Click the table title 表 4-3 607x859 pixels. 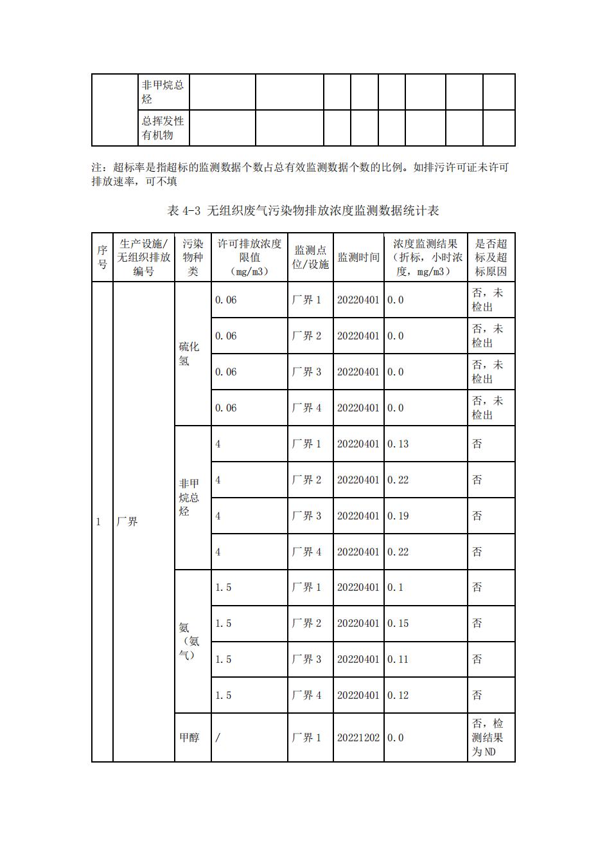tap(303, 211)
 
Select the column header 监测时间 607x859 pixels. tap(358, 258)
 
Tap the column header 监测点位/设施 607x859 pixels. tap(310, 257)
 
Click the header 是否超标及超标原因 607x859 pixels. tap(491, 257)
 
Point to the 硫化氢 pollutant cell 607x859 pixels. tap(189, 354)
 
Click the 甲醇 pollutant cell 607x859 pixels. tap(189, 738)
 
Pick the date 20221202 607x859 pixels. tap(358, 738)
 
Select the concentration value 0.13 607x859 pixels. tap(398, 444)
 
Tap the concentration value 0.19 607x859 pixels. tap(398, 516)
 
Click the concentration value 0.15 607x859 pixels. tap(398, 624)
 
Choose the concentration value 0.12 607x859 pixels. tap(398, 696)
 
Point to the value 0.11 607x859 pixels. tap(398, 660)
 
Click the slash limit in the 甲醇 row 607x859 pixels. tap(218, 738)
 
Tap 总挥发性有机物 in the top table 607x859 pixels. tap(163, 128)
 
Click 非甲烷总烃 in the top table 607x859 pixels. tap(163, 92)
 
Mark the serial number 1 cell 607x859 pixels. tap(99, 522)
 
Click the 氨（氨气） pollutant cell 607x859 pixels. tap(189, 641)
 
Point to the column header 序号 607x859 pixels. tap(102, 257)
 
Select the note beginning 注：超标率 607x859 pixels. tap(301, 174)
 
